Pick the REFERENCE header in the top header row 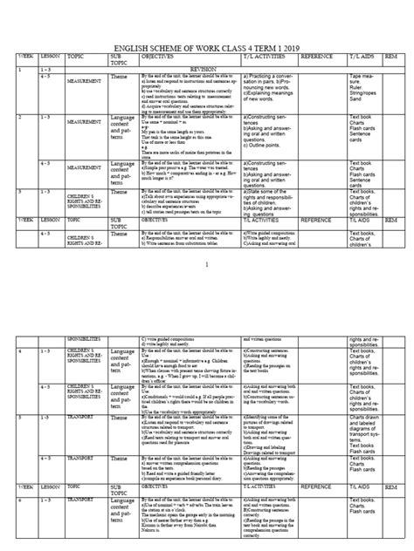[x=317, y=58]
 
